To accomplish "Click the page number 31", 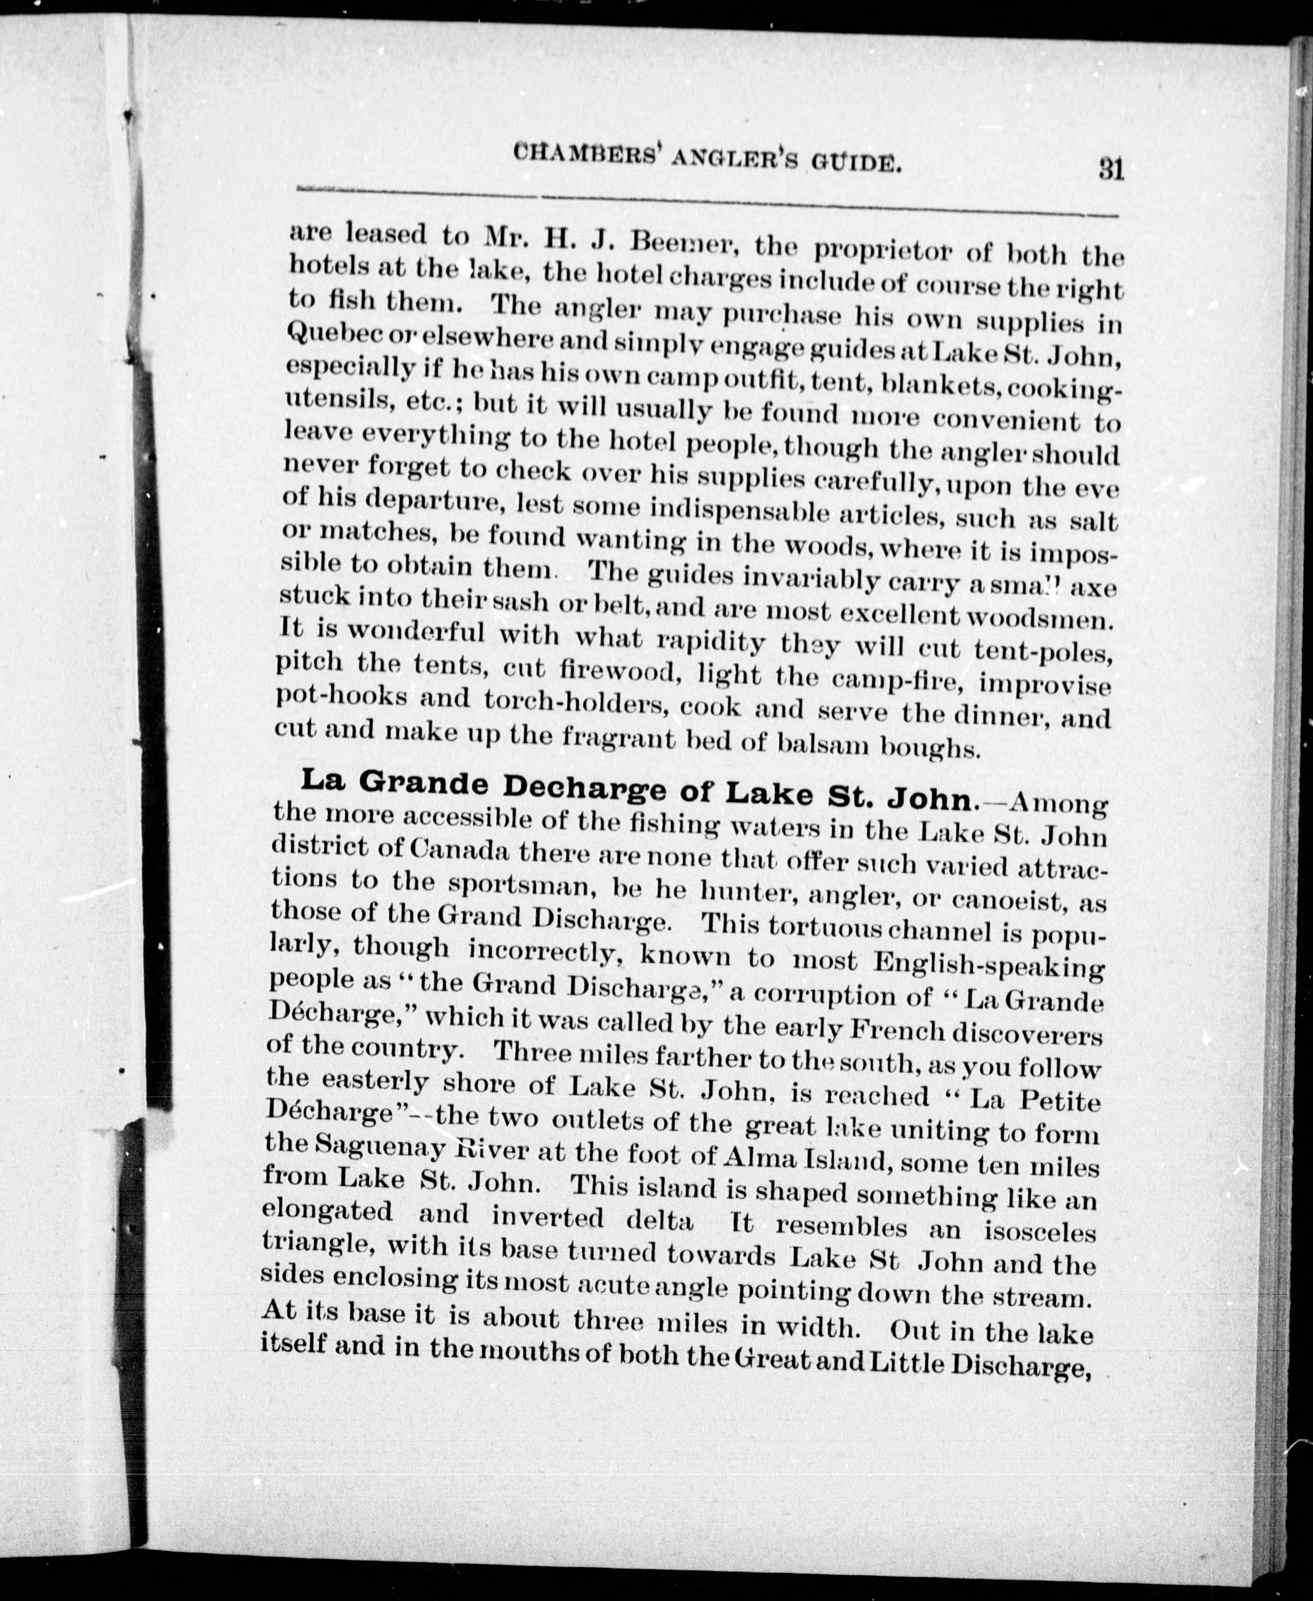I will coord(1111,168).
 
